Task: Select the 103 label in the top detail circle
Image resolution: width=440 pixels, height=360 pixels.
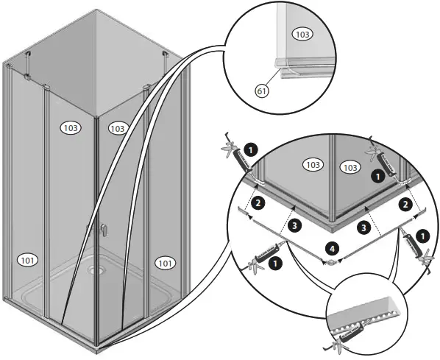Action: (302, 35)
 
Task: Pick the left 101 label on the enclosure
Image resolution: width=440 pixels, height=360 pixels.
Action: (30, 259)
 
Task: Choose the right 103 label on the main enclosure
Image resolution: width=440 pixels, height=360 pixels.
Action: (117, 128)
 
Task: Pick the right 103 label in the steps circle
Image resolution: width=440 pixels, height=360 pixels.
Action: (350, 167)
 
